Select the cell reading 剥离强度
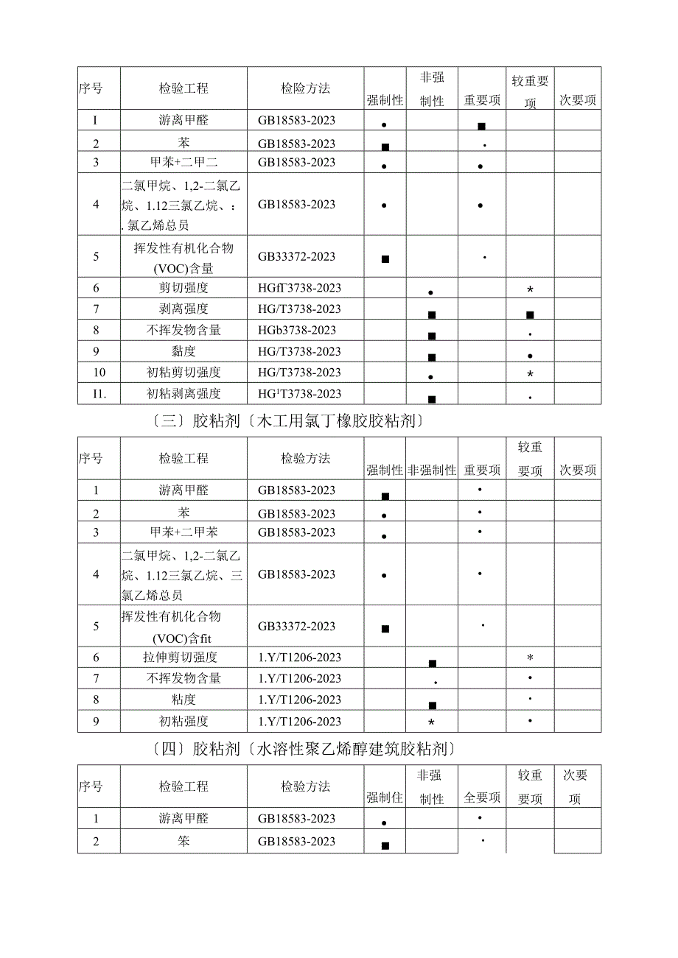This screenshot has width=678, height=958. click(x=184, y=309)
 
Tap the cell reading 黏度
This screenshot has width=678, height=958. click(x=184, y=351)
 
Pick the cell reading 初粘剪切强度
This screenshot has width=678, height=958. click(x=184, y=373)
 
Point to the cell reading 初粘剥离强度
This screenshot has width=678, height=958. click(x=184, y=394)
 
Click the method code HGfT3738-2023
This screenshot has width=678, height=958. click(x=300, y=288)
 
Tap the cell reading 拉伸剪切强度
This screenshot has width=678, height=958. click(x=184, y=658)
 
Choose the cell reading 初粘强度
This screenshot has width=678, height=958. click(x=184, y=722)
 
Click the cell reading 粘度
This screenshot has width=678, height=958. click(x=184, y=700)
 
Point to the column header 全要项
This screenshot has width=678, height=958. click(x=482, y=797)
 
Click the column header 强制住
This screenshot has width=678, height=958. click(x=385, y=797)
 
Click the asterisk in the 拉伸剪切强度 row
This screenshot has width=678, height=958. click(x=530, y=658)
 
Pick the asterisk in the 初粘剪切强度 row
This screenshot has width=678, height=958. click(x=530, y=374)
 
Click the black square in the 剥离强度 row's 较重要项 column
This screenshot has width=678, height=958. click(x=530, y=315)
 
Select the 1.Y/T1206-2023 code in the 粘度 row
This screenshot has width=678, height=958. click(x=300, y=700)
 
